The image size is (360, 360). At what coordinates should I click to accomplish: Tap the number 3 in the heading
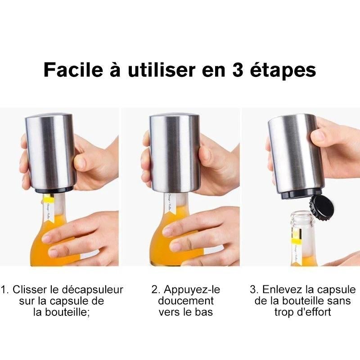(243, 71)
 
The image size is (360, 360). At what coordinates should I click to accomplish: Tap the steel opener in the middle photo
(175, 153)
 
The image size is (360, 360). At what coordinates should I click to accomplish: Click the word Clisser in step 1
(28, 289)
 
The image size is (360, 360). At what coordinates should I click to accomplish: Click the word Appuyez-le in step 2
(192, 289)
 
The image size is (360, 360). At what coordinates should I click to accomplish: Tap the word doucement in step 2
(185, 301)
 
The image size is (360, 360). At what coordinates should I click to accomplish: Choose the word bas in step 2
(205, 312)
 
